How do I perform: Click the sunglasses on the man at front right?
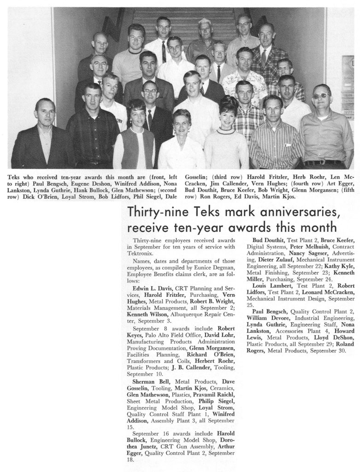click(x=321, y=96)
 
